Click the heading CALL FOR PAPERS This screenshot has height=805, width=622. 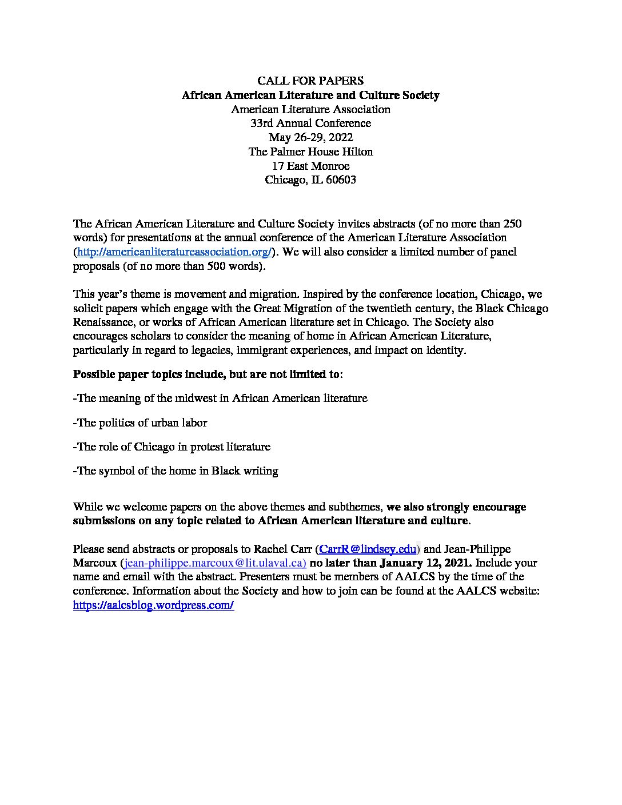click(x=310, y=81)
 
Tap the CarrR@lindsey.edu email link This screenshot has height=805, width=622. click(x=368, y=549)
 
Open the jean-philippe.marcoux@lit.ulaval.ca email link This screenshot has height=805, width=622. click(x=213, y=563)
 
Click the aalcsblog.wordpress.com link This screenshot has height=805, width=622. click(x=153, y=605)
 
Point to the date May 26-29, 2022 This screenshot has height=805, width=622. click(x=310, y=137)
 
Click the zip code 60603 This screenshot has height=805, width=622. click(x=341, y=180)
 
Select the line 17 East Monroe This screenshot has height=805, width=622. click(x=310, y=166)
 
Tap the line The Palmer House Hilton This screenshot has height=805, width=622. click(x=310, y=152)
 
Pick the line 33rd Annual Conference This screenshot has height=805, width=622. click(x=310, y=123)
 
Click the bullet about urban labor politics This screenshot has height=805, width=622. click(x=140, y=423)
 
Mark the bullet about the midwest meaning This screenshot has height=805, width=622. click(x=220, y=398)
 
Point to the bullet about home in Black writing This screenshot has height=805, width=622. click(x=176, y=471)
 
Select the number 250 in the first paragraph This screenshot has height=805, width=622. click(x=512, y=224)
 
